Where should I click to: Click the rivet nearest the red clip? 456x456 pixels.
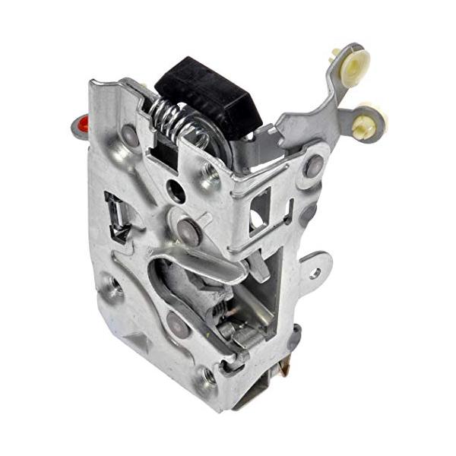130,138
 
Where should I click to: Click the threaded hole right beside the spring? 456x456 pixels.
210,177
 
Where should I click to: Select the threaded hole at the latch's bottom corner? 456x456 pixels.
207,374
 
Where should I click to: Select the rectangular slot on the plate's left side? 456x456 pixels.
116,217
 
